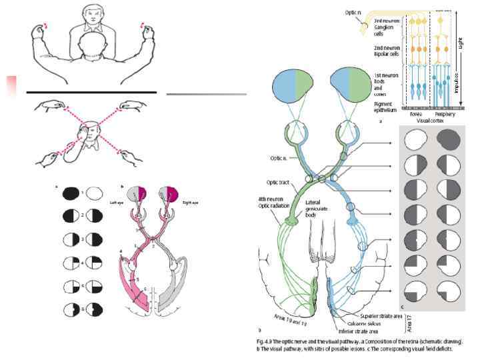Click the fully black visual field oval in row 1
[70, 193]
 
